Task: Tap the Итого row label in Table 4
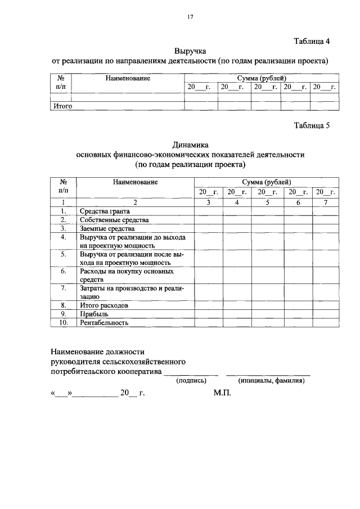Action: pyautogui.click(x=62, y=105)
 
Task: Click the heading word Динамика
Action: pyautogui.click(x=191, y=145)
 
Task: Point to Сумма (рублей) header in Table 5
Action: pyautogui.click(x=267, y=182)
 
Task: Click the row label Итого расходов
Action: pyautogui.click(x=104, y=305)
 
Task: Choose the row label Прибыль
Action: pyautogui.click(x=94, y=314)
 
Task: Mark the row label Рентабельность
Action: pyautogui.click(x=104, y=323)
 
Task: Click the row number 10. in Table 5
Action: pyautogui.click(x=64, y=323)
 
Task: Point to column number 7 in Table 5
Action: pyautogui.click(x=325, y=202)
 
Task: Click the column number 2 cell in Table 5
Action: pyautogui.click(x=135, y=202)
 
